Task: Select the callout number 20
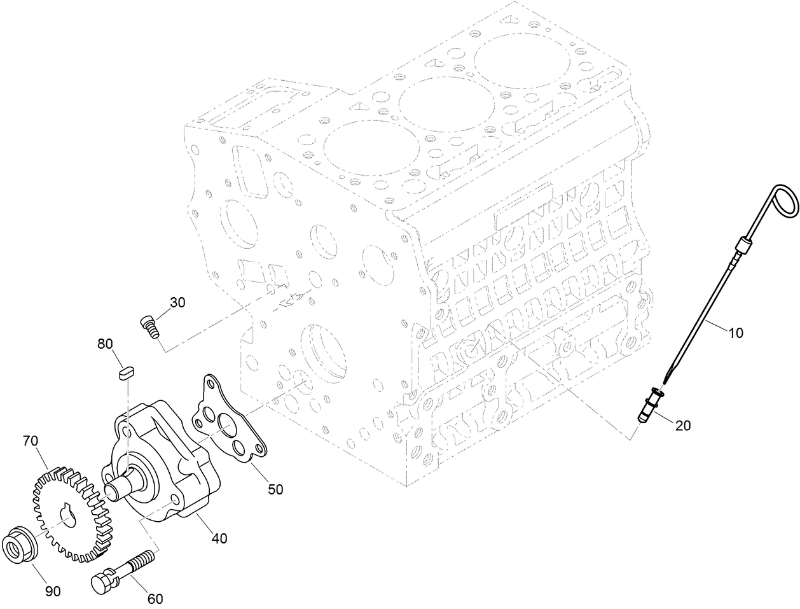point(682,426)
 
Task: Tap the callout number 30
point(177,302)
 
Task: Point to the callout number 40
point(219,538)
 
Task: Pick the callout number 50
point(275,489)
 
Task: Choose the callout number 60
point(155,598)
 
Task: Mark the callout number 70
point(31,440)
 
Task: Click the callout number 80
point(105,344)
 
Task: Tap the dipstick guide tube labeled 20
point(650,407)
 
